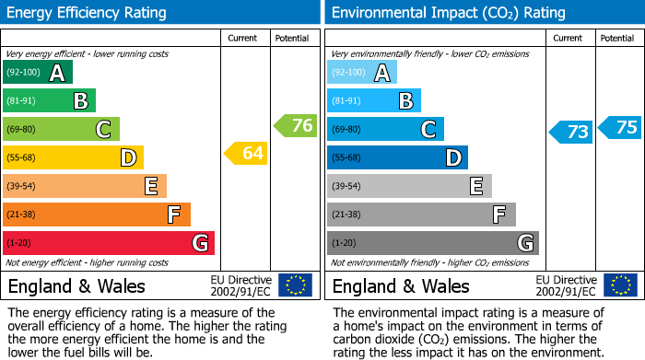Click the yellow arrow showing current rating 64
(246, 154)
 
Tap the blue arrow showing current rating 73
(570, 132)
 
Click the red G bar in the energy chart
(109, 243)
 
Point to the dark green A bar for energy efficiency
(38, 73)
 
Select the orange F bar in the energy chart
(97, 215)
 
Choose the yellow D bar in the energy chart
(73, 157)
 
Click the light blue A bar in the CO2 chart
(362, 73)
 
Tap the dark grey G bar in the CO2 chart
(433, 243)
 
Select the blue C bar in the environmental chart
(385, 129)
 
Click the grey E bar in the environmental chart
(409, 186)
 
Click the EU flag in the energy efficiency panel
(295, 285)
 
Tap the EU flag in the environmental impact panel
(619, 285)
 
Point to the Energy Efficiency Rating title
(88, 13)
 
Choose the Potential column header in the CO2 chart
(617, 38)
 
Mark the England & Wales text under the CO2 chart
(401, 285)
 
